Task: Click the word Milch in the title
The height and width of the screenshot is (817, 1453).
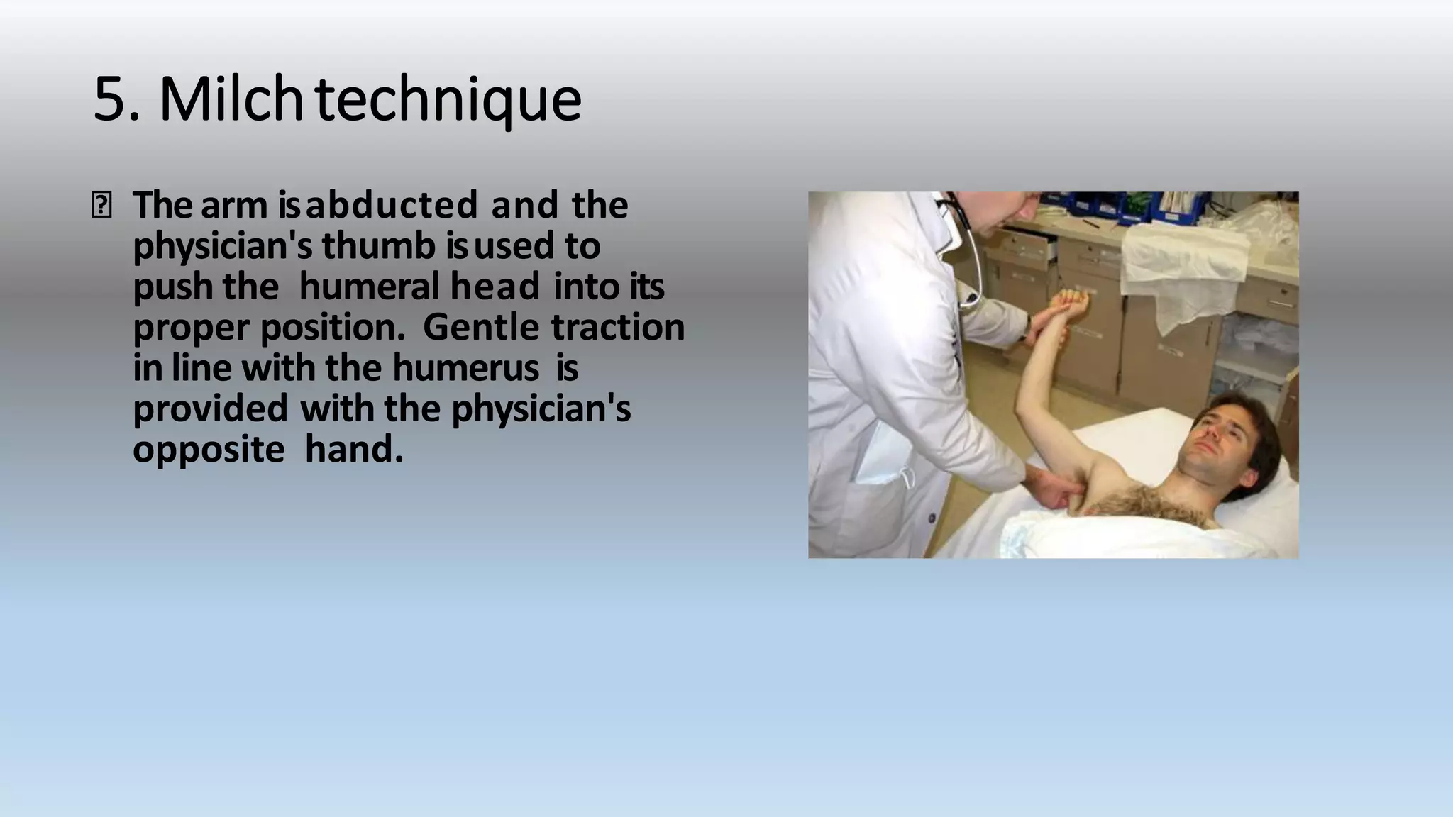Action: click(x=232, y=99)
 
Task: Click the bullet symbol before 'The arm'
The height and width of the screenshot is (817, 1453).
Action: click(x=101, y=206)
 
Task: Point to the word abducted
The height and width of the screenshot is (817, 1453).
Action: click(x=392, y=206)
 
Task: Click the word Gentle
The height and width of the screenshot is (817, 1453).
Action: click(x=482, y=328)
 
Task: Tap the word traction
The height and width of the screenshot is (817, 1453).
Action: click(x=618, y=328)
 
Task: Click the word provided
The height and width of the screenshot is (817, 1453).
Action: click(x=210, y=409)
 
